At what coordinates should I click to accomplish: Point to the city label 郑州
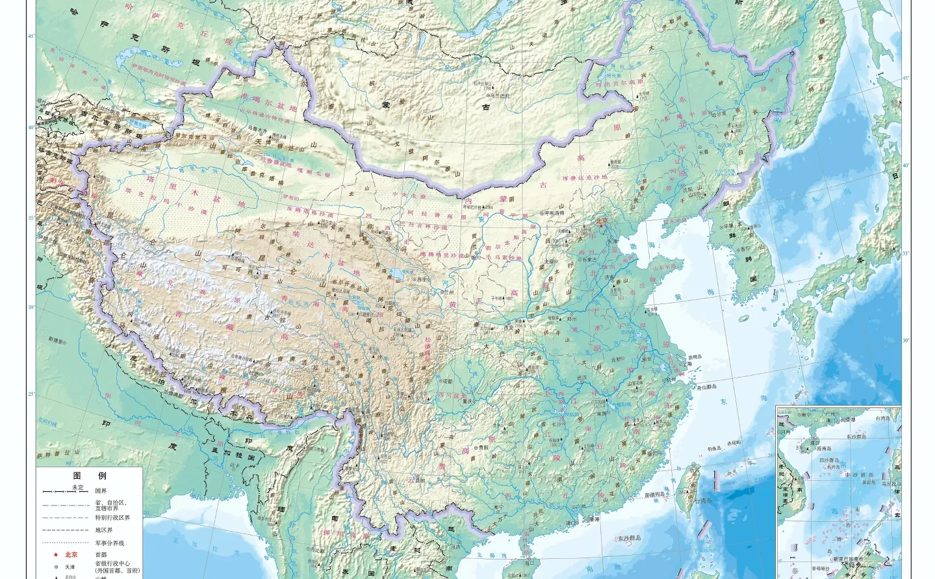(572, 319)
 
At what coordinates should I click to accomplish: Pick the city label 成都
(445, 381)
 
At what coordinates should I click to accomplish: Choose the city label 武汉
(582, 378)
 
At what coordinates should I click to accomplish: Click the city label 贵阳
(482, 447)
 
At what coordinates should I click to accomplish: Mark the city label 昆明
(419, 480)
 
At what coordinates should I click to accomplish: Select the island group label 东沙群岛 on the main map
(629, 538)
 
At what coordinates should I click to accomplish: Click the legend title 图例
(89, 476)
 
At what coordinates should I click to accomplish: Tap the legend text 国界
(101, 491)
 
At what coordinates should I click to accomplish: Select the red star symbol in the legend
(57, 554)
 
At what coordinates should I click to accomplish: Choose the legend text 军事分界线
(109, 543)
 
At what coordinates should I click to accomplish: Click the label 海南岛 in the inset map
(824, 448)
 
